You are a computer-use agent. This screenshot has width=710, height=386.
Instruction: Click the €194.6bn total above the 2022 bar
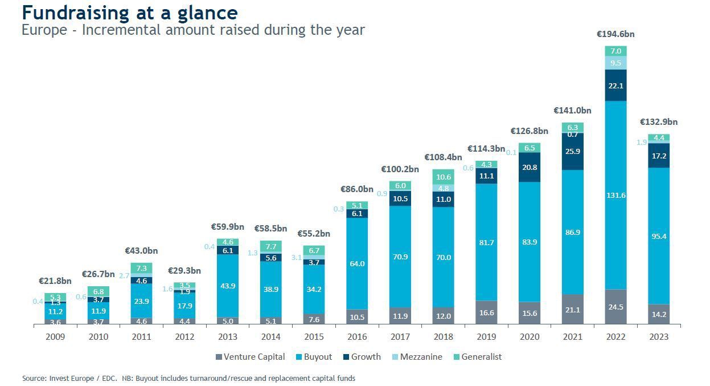point(615,34)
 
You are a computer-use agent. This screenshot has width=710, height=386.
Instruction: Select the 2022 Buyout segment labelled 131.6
point(615,195)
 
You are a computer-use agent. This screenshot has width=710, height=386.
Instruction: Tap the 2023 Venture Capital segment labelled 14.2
point(659,314)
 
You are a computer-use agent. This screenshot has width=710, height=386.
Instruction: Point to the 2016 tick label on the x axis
point(357,337)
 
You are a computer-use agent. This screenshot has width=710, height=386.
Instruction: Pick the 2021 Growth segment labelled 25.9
point(572,152)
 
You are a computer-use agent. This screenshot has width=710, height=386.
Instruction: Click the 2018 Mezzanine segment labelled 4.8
point(443,188)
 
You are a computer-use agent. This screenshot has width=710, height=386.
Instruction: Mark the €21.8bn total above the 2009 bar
point(55,281)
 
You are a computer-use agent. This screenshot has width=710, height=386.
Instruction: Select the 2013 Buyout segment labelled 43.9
point(228,286)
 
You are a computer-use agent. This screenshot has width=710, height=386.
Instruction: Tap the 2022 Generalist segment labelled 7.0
point(615,51)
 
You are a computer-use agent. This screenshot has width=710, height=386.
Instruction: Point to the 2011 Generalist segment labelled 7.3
point(141,269)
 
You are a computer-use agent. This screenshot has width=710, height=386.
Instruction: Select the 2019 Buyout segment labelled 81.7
point(486,242)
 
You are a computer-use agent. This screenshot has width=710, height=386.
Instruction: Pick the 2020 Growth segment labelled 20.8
point(530,167)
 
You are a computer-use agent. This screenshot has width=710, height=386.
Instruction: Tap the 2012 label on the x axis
point(184,337)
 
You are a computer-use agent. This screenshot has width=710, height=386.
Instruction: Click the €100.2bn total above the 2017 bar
point(400,169)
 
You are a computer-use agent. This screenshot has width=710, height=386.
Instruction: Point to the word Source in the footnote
point(34,378)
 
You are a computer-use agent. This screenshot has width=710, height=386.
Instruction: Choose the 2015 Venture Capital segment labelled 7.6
point(314,319)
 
